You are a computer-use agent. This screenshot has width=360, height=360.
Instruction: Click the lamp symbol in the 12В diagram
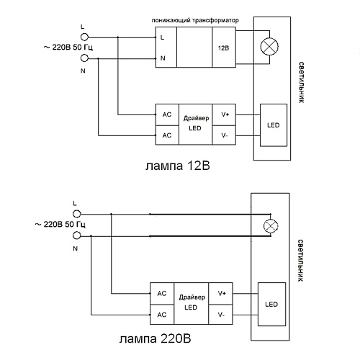269,46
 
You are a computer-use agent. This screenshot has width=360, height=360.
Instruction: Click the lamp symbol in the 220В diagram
271,226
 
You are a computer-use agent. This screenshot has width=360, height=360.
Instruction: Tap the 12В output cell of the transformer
224,47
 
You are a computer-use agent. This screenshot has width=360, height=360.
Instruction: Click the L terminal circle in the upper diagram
84,37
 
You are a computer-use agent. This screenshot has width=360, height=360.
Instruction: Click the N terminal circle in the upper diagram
84,58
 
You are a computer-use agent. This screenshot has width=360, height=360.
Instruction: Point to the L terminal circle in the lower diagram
77,214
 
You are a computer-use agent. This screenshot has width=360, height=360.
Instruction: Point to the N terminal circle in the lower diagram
77,235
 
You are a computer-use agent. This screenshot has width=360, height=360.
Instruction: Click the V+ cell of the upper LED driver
224,114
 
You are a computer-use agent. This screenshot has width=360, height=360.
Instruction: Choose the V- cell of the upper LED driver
224,135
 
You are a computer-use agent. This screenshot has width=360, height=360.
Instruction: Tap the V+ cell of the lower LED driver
220,294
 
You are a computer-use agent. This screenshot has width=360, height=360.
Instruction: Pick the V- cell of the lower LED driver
220,315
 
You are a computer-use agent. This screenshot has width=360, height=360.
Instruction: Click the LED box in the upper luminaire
274,125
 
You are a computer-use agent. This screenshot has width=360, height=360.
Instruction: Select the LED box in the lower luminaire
271,305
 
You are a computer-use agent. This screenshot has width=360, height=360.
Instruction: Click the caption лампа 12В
178,166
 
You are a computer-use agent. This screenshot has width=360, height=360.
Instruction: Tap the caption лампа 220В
156,339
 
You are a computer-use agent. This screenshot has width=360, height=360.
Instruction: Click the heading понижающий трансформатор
195,20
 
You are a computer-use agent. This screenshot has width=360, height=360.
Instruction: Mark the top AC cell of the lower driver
162,294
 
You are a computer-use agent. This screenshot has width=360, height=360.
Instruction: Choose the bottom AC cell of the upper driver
167,135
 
